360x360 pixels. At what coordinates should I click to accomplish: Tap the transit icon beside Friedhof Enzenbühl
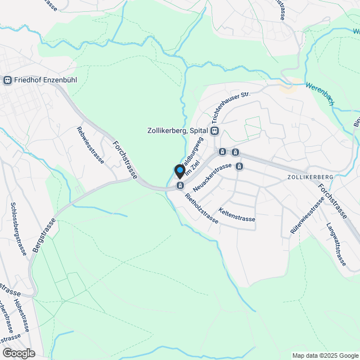pos(7,80)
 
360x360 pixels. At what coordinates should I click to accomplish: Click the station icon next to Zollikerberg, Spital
pos(214,130)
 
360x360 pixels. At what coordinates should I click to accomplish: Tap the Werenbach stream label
pos(321,94)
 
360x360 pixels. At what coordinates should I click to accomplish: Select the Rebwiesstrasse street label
pos(90,145)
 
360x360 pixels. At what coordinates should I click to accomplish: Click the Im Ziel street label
pos(193,167)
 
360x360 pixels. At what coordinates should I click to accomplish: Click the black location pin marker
pos(180,171)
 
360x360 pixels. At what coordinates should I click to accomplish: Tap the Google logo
pos(18,353)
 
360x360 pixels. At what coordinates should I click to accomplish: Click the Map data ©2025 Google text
pos(325,355)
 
